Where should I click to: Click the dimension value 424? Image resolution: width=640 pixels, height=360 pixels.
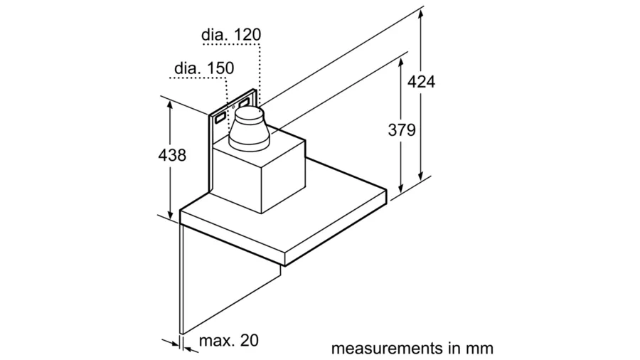tap(421, 81)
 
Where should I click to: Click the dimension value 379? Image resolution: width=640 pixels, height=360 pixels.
tap(402, 130)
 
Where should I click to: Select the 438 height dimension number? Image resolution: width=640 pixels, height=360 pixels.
tap(171, 155)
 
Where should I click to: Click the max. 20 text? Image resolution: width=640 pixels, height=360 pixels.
tap(228, 340)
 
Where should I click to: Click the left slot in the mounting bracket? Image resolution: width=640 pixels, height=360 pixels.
tap(221, 112)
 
